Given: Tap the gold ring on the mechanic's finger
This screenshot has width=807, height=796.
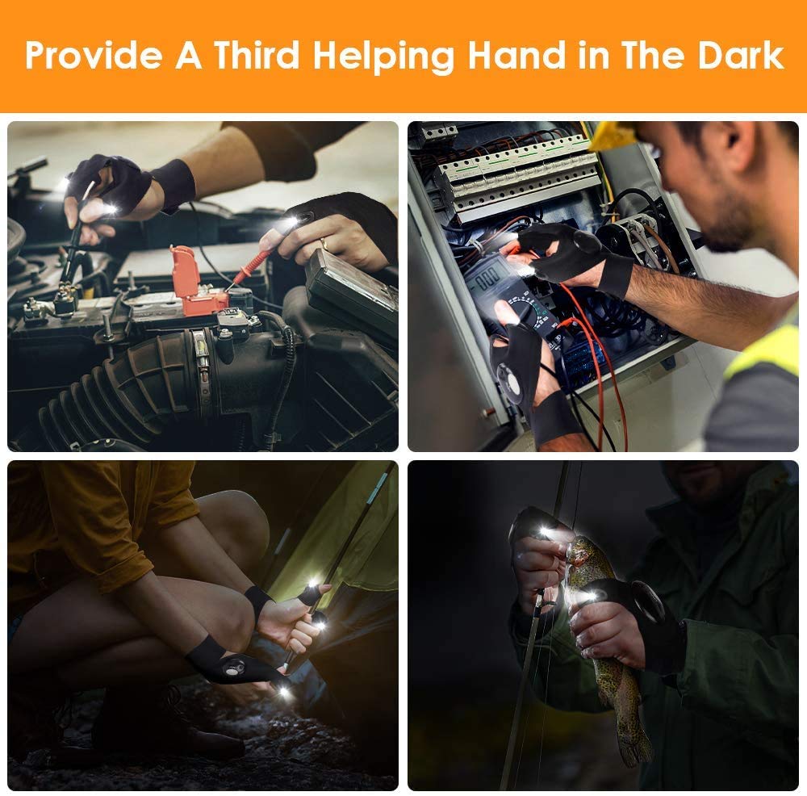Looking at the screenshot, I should (x=324, y=242).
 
